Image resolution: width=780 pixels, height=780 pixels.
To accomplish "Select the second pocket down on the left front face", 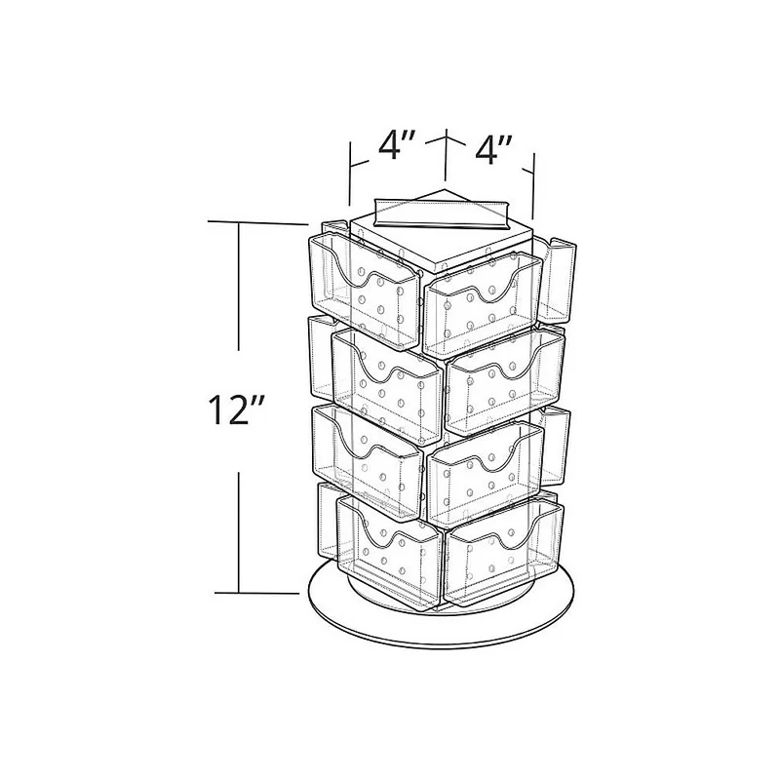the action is pos(387,386).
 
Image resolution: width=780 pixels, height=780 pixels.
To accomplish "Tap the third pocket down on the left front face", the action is pos(369,462).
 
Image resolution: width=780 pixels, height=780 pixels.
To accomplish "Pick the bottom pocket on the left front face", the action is pos(391,553).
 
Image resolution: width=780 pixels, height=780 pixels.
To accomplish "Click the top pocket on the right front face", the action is pos(482,305).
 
